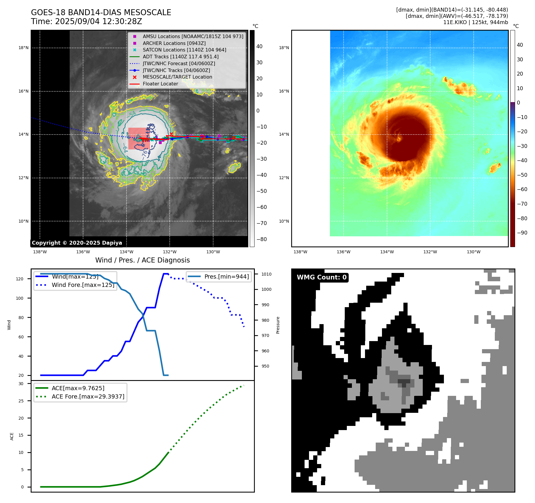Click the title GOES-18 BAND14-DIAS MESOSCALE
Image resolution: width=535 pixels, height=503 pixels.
[101, 13]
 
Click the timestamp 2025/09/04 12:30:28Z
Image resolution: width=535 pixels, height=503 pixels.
[99, 22]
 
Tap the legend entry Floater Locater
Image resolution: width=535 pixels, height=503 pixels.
[160, 84]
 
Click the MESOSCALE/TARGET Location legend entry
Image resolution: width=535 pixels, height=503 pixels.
[177, 77]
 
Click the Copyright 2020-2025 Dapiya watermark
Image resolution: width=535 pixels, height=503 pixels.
[77, 243]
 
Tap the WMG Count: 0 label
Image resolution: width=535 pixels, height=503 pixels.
[322, 277]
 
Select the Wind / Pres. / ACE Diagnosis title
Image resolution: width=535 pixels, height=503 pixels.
[142, 260]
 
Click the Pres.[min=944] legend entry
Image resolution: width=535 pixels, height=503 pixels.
[227, 277]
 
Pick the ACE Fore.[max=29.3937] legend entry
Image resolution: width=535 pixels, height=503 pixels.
[88, 396]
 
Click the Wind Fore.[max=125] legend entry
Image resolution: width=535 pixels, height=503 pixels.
[83, 285]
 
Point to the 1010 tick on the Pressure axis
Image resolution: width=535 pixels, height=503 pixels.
[266, 274]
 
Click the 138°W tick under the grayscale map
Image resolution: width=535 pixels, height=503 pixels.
[40, 252]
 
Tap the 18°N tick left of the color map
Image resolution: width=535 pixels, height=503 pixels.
[284, 48]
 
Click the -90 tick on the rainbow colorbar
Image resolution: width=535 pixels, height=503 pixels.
[522, 233]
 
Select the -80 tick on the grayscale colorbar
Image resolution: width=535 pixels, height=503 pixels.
[262, 239]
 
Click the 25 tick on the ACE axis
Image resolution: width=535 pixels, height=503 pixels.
[21, 401]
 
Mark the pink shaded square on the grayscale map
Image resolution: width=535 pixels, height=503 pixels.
[139, 138]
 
